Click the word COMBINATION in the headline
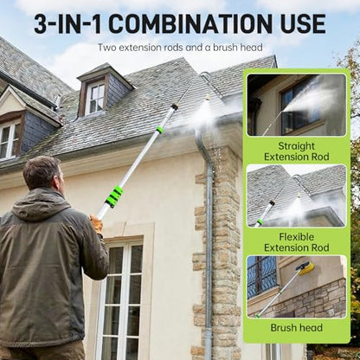[x=191, y=23]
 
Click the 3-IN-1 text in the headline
[x=68, y=23]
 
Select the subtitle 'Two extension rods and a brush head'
[x=180, y=48]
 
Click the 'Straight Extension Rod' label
[x=297, y=151]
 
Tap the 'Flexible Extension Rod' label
[x=297, y=242]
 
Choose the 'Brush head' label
[x=297, y=328]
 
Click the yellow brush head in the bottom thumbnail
[x=305, y=268]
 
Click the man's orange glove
[x=96, y=223]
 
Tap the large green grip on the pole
[x=114, y=197]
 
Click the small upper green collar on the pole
[x=160, y=130]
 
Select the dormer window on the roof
[x=96, y=97]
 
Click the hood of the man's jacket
[x=41, y=205]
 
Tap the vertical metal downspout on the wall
[x=208, y=245]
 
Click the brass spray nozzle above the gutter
[x=207, y=98]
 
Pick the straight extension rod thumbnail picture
[x=297, y=105]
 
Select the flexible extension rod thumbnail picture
[x=297, y=196]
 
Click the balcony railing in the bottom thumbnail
[x=261, y=277]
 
